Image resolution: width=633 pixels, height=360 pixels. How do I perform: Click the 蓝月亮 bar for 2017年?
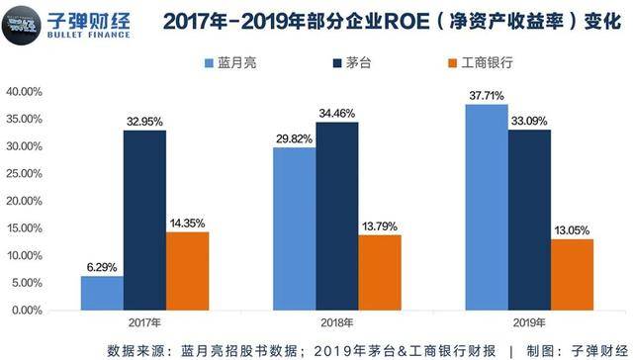click(102, 293)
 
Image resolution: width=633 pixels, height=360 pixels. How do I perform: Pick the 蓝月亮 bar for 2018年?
click(295, 228)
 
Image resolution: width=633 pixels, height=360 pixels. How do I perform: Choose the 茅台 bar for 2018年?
click(337, 216)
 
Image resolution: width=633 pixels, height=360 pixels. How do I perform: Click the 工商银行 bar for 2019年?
click(573, 274)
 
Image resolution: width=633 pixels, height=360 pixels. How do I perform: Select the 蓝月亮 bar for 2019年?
click(488, 207)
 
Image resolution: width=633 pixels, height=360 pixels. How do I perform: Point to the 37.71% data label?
click(488, 96)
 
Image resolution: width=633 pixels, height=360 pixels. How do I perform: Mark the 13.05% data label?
click(573, 230)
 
